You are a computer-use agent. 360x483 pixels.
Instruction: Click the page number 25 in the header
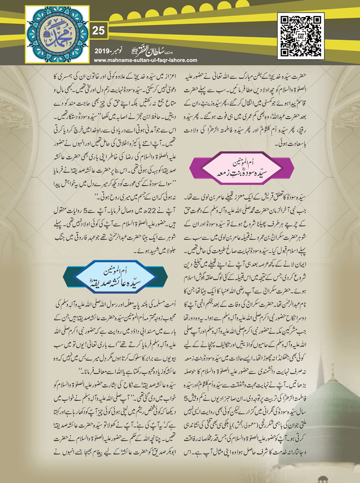pyautogui.click(x=98, y=31)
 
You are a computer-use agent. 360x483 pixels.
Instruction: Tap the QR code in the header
pyautogui.click(x=301, y=36)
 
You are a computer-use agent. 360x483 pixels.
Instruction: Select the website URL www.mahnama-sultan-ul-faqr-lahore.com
pyautogui.click(x=146, y=60)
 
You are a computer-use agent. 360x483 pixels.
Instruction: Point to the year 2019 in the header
pyautogui.click(x=103, y=52)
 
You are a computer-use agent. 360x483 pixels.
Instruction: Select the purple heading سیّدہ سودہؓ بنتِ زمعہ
pyautogui.click(x=242, y=172)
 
